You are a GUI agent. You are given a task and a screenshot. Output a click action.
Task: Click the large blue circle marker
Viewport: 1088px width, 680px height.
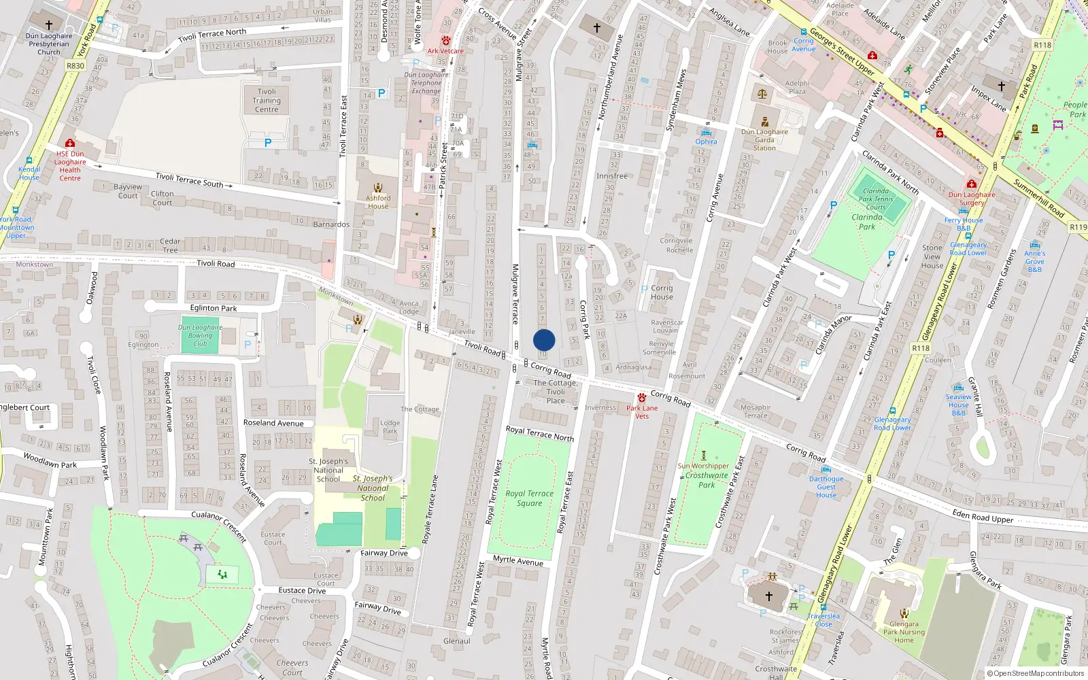(544, 340)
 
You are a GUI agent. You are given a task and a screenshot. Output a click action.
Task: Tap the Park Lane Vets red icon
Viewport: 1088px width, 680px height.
(641, 398)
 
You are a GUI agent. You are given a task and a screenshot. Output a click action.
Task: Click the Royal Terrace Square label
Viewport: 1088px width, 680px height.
(529, 498)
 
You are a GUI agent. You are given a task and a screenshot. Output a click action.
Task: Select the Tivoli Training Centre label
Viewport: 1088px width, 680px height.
(267, 100)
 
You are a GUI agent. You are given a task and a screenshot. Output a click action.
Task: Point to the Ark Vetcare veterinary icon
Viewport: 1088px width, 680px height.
(445, 41)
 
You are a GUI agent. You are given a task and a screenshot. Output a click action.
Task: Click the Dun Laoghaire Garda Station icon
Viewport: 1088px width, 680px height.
(765, 122)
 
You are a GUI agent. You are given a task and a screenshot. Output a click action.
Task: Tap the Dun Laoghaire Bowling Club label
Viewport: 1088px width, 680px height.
(200, 335)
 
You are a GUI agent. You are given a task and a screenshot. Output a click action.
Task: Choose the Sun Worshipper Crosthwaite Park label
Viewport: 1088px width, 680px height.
(704, 475)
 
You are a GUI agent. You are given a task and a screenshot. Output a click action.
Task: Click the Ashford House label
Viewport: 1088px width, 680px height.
(378, 202)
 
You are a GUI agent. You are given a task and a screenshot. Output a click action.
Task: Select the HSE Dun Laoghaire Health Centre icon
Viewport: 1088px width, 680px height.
(69, 143)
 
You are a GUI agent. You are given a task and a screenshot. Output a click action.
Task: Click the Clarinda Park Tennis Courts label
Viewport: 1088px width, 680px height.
(876, 199)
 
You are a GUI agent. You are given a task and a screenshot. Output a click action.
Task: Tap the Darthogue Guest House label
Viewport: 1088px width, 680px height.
(826, 487)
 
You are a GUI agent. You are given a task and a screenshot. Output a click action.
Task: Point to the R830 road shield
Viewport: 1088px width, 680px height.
(75, 66)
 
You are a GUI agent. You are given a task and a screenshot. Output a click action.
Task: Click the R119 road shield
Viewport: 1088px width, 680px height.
(1078, 227)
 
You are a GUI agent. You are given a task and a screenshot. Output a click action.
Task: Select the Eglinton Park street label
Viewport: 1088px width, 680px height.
(214, 308)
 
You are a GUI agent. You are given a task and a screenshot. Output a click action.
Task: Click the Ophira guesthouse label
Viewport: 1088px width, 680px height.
(706, 141)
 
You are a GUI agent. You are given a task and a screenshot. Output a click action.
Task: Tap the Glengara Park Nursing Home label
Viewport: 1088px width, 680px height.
(904, 632)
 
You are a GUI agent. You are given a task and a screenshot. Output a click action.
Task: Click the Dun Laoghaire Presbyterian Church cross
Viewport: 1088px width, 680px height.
(48, 25)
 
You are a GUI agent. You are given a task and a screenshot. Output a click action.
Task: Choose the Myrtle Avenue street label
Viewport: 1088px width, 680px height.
(517, 560)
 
